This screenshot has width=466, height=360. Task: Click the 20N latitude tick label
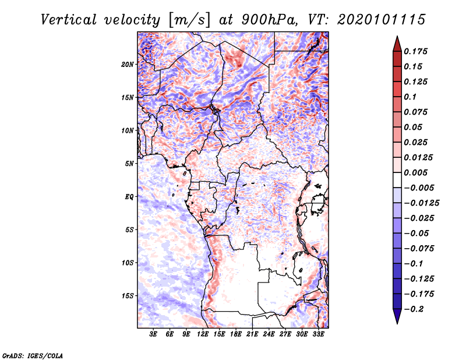click(x=128, y=64)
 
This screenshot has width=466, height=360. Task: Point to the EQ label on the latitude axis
click(x=129, y=197)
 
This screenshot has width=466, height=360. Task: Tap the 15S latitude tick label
click(x=128, y=296)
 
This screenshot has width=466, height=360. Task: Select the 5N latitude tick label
click(x=129, y=164)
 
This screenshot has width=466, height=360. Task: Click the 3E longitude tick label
click(x=154, y=334)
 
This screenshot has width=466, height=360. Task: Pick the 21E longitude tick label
click(x=252, y=334)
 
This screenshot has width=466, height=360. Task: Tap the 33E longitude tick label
click(x=318, y=334)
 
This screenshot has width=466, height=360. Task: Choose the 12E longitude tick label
click(x=203, y=334)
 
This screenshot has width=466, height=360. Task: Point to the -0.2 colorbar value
click(x=415, y=309)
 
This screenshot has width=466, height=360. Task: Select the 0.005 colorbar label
click(x=417, y=172)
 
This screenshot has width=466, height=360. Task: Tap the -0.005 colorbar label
click(x=419, y=188)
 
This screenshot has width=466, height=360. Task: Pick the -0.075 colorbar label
click(x=419, y=248)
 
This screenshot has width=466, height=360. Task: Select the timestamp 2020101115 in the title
click(x=377, y=19)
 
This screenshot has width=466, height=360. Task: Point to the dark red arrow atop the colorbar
click(x=397, y=43)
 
